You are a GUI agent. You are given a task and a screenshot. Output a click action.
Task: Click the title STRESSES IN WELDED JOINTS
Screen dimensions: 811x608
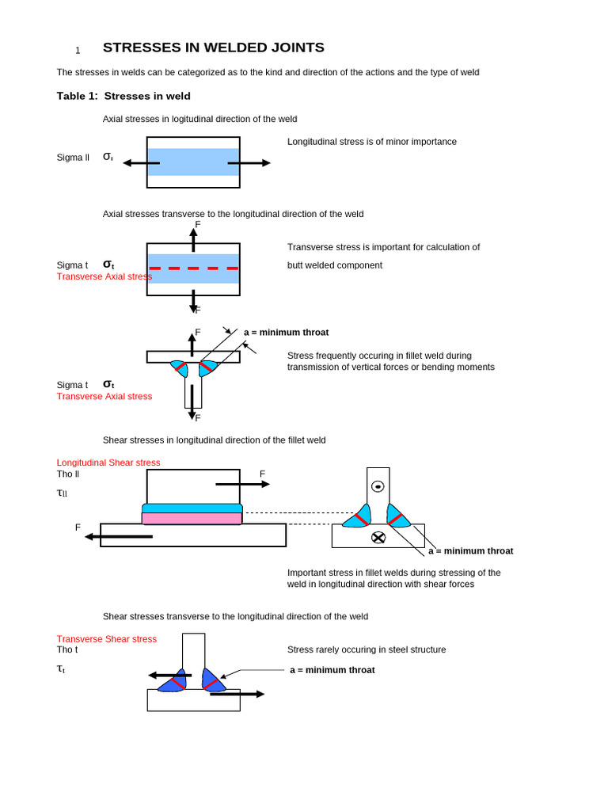213,48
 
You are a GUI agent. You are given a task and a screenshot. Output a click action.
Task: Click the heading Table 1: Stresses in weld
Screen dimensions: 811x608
123,96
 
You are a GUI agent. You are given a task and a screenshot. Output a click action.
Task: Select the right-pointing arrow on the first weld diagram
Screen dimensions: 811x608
249,163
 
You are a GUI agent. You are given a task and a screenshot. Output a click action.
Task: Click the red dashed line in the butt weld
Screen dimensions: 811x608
193,268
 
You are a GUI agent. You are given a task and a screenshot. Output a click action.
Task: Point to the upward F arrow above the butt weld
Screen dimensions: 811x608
193,239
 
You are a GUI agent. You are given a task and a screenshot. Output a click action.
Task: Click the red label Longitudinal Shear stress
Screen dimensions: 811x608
108,463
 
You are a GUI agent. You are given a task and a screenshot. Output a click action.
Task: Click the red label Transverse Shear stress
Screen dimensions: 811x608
107,639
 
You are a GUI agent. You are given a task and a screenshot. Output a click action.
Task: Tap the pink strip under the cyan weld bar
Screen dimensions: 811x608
192,518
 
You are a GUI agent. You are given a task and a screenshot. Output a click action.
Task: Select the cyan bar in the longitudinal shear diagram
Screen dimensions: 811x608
192,508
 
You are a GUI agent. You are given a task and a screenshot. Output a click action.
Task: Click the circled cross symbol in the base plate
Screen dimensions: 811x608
378,538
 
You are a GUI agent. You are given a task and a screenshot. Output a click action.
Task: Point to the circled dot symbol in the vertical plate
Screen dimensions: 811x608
378,485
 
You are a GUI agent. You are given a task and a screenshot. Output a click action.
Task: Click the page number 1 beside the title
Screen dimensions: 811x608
78,51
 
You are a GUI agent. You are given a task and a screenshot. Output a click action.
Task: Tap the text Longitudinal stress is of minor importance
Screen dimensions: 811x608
371,142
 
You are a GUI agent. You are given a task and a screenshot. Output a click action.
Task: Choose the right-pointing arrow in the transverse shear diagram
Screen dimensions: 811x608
237,694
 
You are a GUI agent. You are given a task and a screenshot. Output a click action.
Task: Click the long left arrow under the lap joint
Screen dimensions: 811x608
119,536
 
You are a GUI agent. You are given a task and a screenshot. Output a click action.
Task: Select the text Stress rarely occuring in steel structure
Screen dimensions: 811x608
366,649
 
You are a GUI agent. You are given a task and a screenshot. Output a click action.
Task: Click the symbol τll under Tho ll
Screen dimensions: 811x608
62,493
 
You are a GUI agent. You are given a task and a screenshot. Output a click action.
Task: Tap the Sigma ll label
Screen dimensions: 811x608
73,158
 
